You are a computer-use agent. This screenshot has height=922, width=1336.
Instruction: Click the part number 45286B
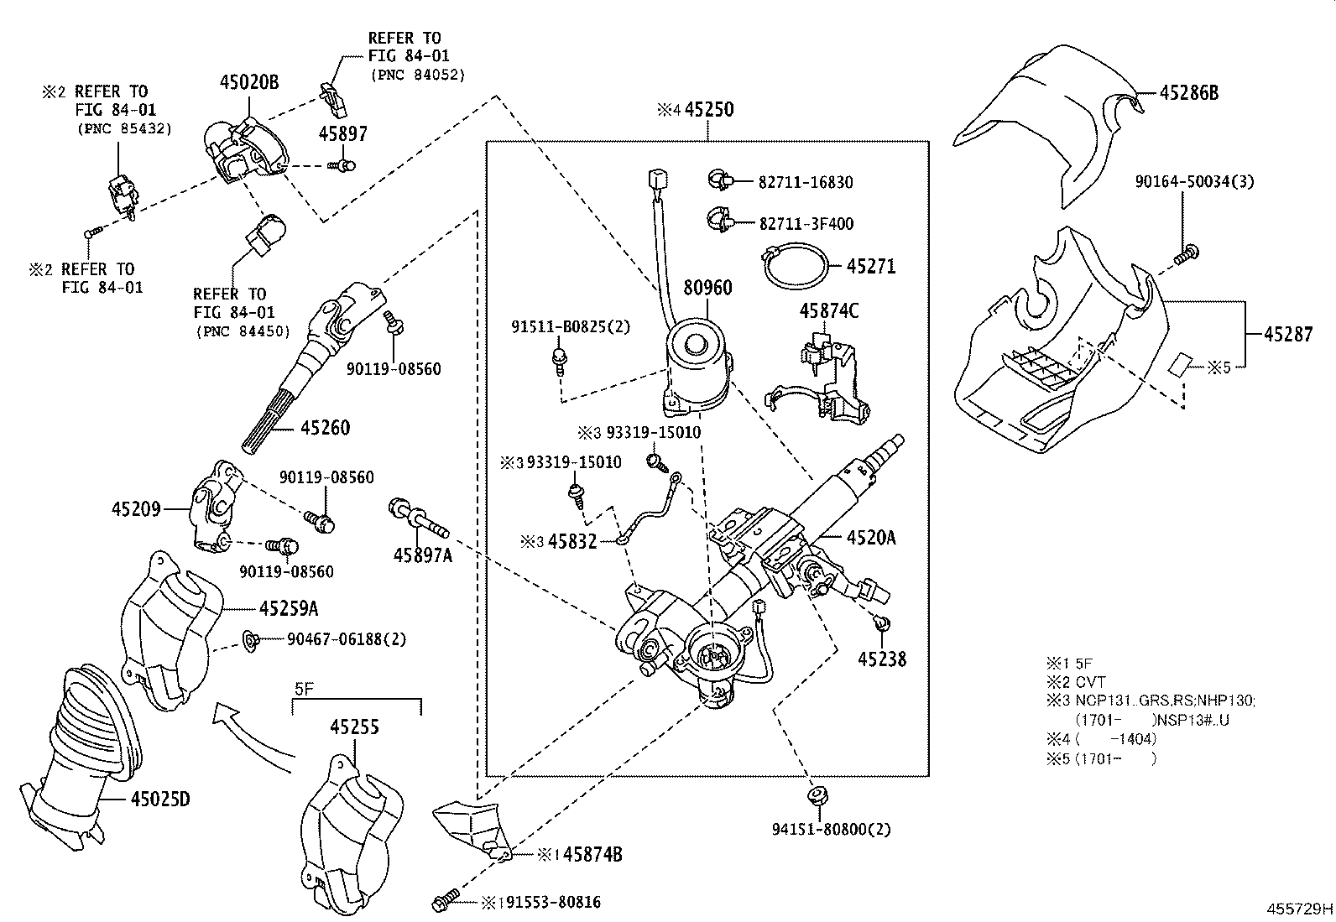coord(1189,93)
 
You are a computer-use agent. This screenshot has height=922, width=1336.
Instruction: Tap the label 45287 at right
coord(1288,334)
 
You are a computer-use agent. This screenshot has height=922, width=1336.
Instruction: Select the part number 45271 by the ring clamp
coord(871,267)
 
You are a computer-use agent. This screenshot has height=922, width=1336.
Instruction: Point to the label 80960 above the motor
coord(707,288)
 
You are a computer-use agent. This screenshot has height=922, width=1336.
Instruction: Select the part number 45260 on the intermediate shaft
coord(325,428)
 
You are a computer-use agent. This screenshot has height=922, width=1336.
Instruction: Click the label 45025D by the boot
coord(159,799)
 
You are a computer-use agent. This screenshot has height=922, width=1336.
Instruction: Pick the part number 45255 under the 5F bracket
coord(353,727)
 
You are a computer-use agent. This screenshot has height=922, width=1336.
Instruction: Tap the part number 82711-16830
coord(806,182)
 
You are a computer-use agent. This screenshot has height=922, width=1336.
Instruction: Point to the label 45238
coord(881,659)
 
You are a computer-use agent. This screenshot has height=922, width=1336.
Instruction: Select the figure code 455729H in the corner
coord(1299,909)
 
